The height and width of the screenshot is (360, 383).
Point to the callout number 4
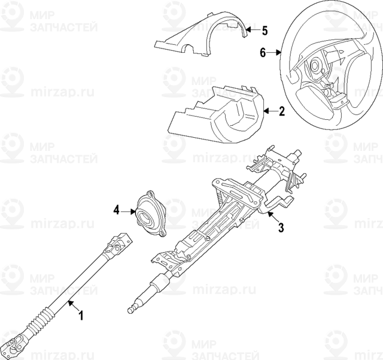[x=117, y=210]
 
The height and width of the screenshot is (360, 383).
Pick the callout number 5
[x=265, y=29]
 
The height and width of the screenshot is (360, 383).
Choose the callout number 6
[x=262, y=53]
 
